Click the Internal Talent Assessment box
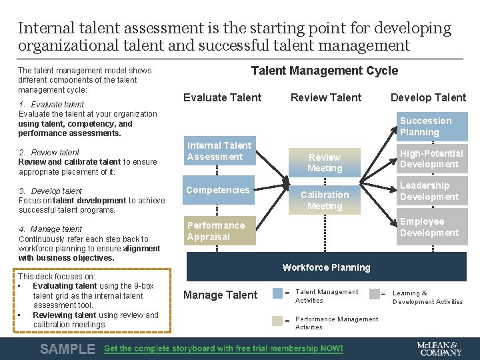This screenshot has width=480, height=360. tap(219, 151)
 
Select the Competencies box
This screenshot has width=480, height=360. tap(219, 191)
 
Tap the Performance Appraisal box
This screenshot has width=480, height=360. tap(219, 231)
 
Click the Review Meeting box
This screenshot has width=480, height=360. tap(325, 163)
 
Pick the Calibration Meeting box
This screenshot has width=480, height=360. tap(325, 200)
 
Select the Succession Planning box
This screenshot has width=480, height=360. tap(431, 126)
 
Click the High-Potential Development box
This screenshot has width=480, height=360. tap(431, 159)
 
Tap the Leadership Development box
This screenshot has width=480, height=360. tap(431, 191)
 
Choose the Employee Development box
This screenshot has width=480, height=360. tap(431, 227)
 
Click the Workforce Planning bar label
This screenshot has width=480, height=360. tap(326, 267)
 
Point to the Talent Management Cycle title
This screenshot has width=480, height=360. tap(324, 71)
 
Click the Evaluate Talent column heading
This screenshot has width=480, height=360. tap(222, 97)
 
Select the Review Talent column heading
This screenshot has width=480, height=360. tap(326, 97)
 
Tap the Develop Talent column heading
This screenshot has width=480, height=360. tap(428, 97)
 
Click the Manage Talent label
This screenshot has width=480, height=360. tap(220, 295)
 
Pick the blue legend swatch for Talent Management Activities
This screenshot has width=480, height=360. tap(277, 293)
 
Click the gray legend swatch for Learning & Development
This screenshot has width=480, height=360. tap(374, 293)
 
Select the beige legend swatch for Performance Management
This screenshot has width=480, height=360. tap(277, 320)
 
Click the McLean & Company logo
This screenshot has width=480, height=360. tap(438, 348)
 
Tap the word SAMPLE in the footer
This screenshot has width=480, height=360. tap(67, 349)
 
